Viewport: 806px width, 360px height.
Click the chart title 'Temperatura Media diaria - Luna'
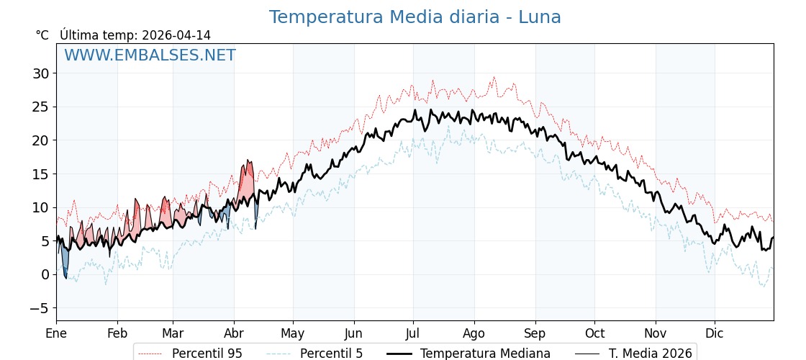415,17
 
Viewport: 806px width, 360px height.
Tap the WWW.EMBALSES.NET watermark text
150,55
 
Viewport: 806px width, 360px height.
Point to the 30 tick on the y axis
40,73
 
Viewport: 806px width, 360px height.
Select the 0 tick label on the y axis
45,274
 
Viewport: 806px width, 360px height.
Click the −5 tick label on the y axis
40,308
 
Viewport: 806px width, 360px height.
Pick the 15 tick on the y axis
40,174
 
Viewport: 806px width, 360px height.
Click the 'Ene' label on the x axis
56,334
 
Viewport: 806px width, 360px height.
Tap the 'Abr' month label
234,334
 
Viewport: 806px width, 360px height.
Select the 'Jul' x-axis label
413,334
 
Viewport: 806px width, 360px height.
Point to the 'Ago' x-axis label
474,334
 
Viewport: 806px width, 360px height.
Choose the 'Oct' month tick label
594,334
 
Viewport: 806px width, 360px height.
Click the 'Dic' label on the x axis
715,334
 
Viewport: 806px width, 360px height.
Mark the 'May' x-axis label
293,334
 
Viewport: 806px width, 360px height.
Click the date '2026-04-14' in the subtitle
176,35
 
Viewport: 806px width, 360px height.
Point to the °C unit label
42,35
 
